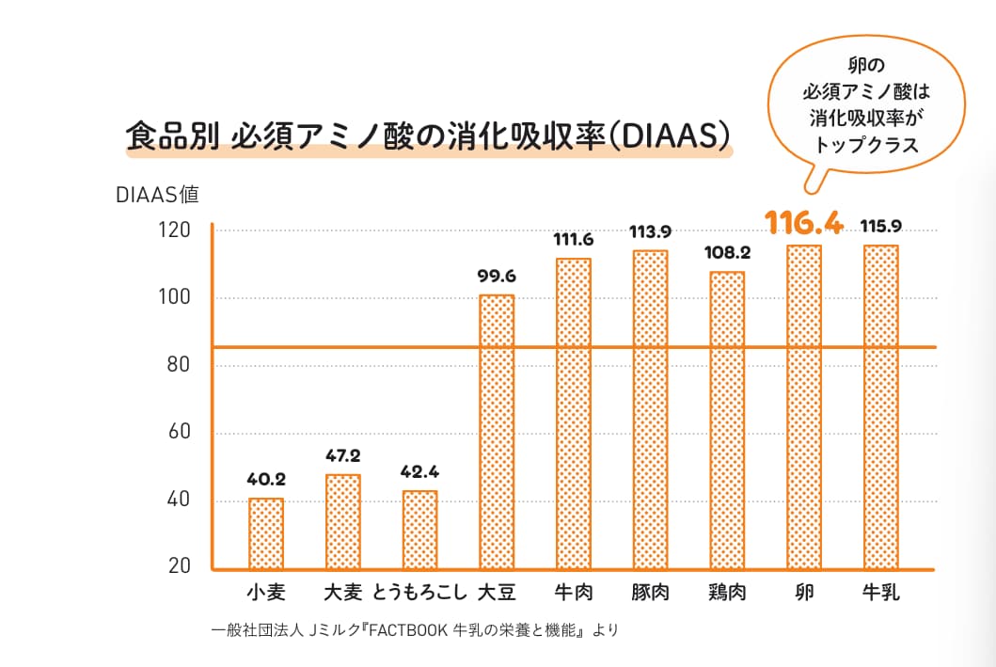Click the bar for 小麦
point(266,533)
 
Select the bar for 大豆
point(497,432)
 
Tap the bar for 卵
point(804,406)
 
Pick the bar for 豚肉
point(650,409)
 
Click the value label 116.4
point(804,223)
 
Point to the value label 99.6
point(497,277)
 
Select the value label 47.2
point(343,456)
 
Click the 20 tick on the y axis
point(179,566)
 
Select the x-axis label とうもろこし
point(419,593)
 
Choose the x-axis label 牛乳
point(881,593)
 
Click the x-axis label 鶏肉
point(727,593)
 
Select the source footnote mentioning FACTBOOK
point(415,630)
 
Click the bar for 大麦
point(343,521)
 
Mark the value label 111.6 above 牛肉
point(574,240)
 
